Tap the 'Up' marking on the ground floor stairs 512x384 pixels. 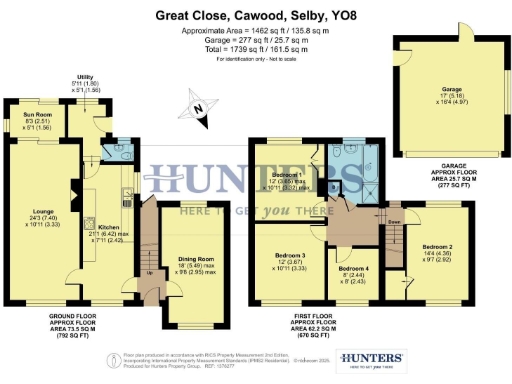pos(150,273)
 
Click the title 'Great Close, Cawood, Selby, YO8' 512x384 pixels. pos(254,17)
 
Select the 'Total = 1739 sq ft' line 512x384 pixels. pos(254,52)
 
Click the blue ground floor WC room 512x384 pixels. pos(108,150)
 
